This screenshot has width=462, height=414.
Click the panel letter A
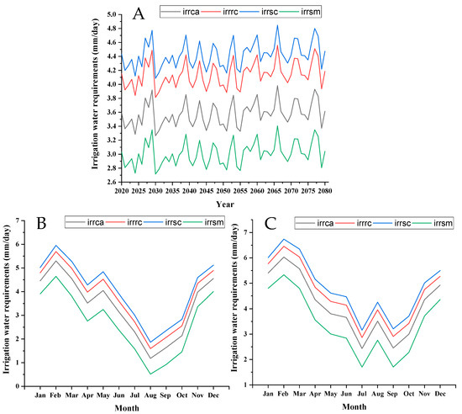coord(139,13)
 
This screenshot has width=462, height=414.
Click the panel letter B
coord(41,223)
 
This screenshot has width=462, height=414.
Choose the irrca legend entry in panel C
coord(315,223)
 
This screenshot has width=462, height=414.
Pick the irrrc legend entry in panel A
coord(220,12)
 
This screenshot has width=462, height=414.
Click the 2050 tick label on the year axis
coord(223,191)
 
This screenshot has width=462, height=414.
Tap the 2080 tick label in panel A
coord(325,191)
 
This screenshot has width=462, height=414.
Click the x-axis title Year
coord(225,204)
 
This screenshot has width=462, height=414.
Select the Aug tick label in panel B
coord(150,395)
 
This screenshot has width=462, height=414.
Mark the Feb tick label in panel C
coord(283,394)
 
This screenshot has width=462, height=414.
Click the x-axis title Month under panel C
coord(354,406)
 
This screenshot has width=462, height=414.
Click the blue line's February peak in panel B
coord(55,245)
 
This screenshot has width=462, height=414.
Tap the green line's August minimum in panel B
coord(150,374)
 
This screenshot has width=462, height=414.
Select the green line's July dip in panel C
coord(361,367)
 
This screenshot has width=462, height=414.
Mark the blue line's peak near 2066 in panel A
coord(277,25)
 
